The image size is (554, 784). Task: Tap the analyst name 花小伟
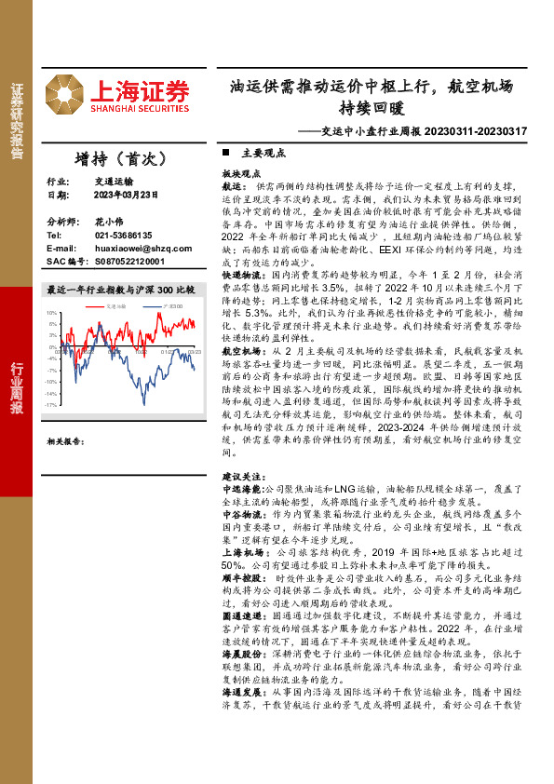click(108, 223)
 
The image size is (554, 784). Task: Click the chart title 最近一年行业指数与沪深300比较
click(120, 291)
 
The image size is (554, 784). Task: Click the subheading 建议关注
click(241, 476)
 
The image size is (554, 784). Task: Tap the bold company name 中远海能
click(241, 487)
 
